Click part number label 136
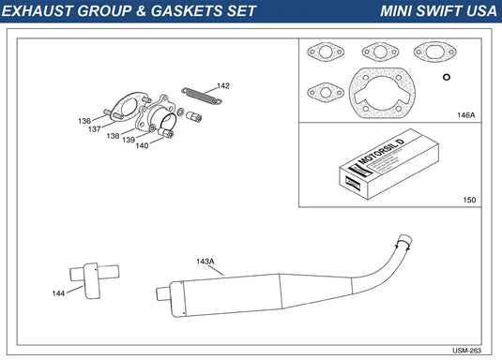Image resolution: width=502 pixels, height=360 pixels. [84, 121]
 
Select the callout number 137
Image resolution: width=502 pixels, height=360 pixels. [95, 129]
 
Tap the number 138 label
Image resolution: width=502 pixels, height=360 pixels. [113, 136]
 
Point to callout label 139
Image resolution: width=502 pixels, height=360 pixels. [129, 140]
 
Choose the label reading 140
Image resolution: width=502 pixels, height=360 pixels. [142, 145]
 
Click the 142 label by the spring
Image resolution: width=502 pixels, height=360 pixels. [223, 85]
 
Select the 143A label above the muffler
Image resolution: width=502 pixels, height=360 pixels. [205, 262]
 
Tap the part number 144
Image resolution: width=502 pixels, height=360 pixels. [58, 293]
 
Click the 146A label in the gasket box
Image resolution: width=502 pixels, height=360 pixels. [465, 115]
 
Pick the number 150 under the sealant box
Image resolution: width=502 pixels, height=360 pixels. [469, 200]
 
